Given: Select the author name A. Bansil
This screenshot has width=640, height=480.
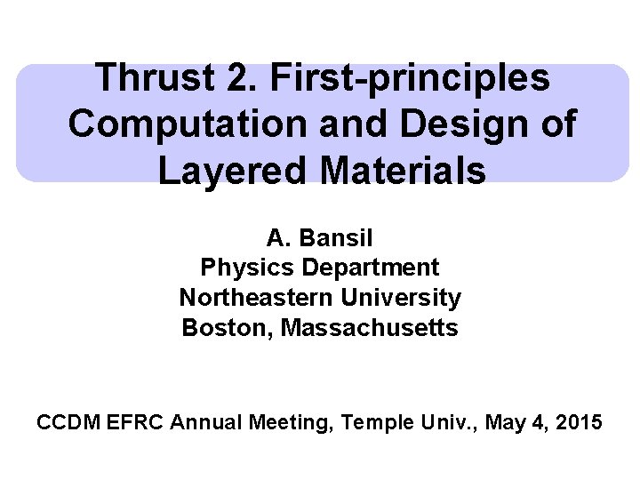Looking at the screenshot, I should pos(320,238).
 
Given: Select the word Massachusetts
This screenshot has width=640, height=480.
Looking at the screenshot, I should pos(369,328).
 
